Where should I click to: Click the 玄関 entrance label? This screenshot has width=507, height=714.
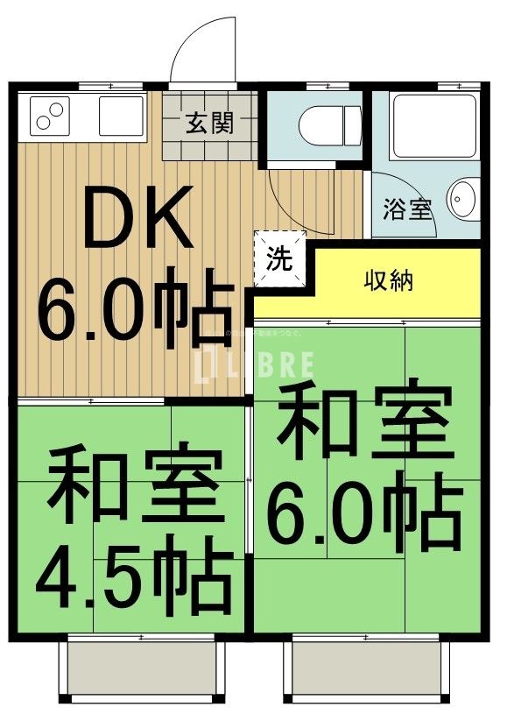click(x=208, y=124)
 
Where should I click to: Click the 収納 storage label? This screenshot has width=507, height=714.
click(x=389, y=282)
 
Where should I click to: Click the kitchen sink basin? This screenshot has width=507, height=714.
click(x=120, y=116)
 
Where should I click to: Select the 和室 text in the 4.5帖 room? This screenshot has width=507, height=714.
click(x=133, y=484)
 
